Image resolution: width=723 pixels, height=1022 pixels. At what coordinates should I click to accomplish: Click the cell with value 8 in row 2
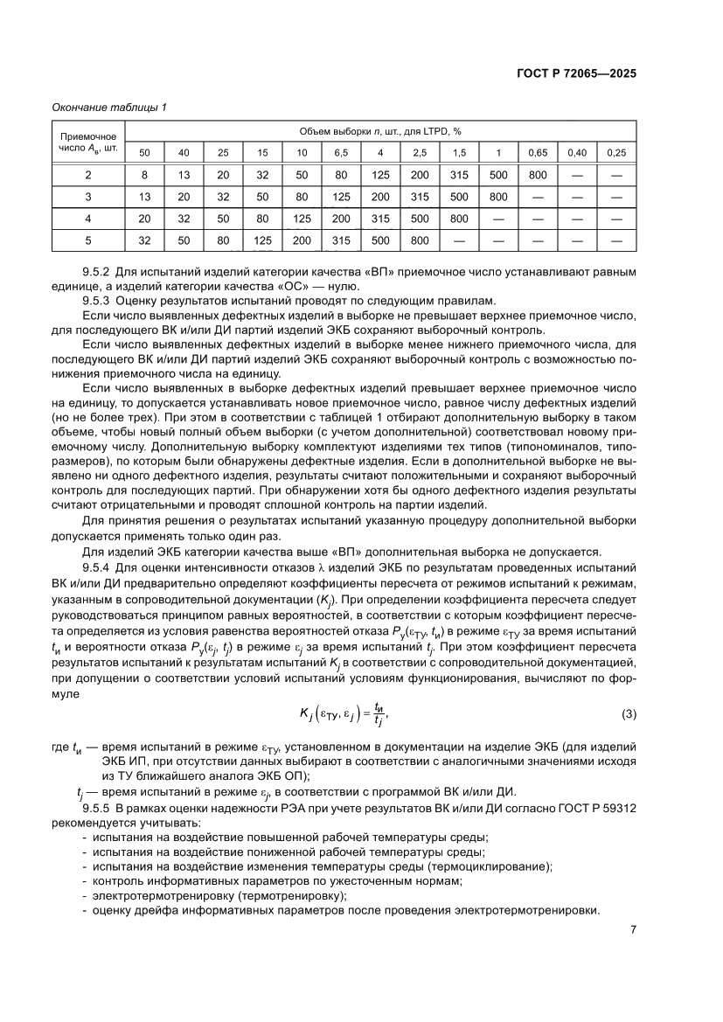(x=144, y=176)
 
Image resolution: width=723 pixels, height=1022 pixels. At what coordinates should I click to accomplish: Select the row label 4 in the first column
(x=87, y=219)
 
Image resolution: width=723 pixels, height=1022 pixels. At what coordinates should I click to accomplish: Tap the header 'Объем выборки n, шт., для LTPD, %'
(x=379, y=131)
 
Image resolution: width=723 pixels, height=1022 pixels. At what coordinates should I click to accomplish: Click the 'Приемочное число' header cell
(x=87, y=142)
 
